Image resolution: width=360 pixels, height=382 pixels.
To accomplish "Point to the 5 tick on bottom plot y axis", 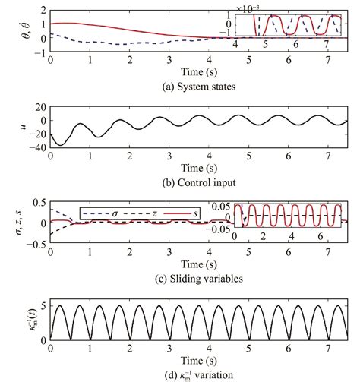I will point(43,305).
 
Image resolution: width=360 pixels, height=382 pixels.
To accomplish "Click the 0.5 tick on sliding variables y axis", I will point(38,204).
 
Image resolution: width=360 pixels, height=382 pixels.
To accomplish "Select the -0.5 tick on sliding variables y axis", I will point(35,245).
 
